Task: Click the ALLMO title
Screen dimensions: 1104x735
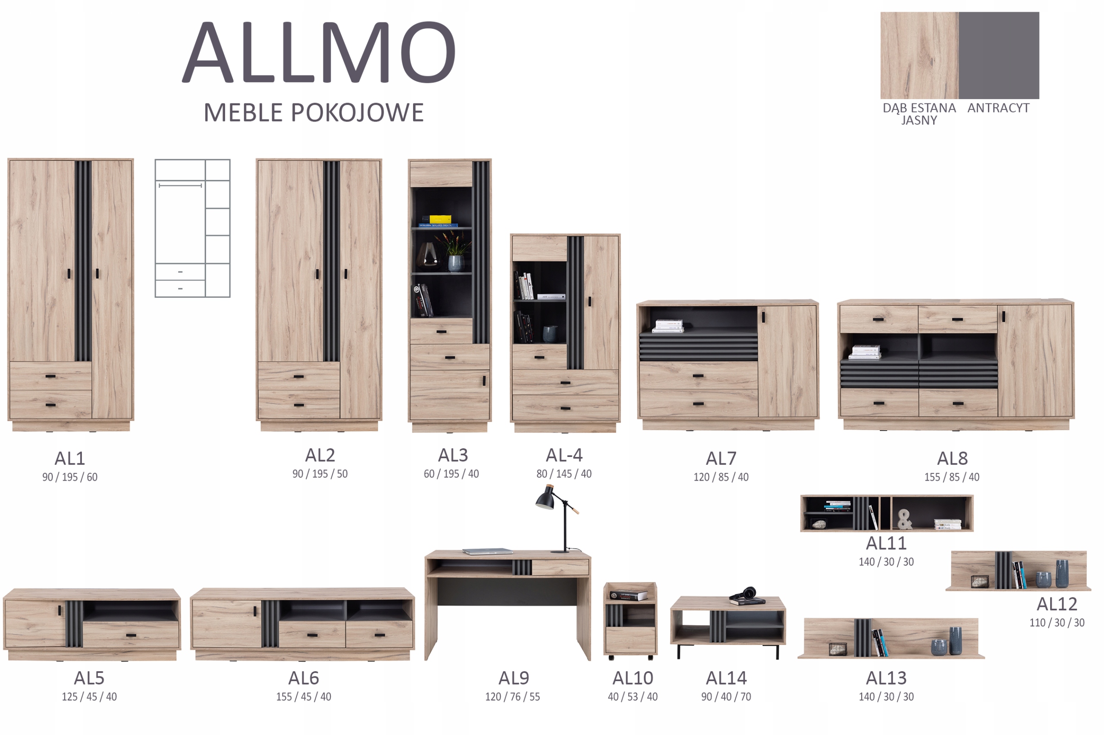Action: pyautogui.click(x=319, y=53)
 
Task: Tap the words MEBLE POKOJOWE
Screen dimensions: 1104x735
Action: pyautogui.click(x=313, y=113)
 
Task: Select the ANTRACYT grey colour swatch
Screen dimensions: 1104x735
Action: pyautogui.click(x=998, y=55)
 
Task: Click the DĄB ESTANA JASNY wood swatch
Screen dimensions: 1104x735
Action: pyautogui.click(x=919, y=55)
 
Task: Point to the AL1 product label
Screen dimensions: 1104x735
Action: pyautogui.click(x=70, y=458)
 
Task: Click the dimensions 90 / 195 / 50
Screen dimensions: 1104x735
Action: pyautogui.click(x=320, y=474)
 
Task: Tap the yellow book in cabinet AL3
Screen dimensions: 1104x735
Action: pyautogui.click(x=440, y=219)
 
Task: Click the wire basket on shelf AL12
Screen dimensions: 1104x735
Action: pyautogui.click(x=979, y=581)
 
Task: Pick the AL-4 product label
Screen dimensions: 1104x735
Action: pyautogui.click(x=564, y=455)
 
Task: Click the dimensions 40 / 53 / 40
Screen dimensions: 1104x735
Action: pyautogui.click(x=632, y=697)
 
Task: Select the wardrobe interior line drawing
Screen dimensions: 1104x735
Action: pyautogui.click(x=192, y=228)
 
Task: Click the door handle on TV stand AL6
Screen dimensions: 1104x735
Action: pyautogui.click(x=255, y=611)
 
